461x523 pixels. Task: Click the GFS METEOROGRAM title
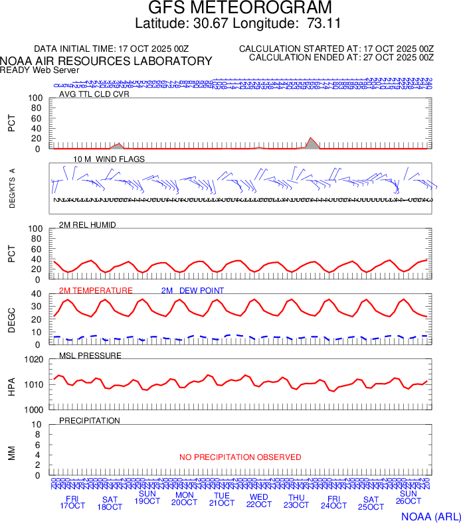[230, 9]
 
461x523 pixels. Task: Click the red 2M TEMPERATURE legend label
[96, 291]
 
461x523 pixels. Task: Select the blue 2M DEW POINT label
[193, 291]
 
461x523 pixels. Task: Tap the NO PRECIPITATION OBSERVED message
[240, 457]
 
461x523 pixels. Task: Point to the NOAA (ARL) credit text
[430, 516]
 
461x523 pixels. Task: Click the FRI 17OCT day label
[72, 502]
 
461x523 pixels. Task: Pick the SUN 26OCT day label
[408, 498]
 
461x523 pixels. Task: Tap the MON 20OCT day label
[184, 499]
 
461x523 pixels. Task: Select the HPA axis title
[11, 386]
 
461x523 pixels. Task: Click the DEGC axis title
[11, 319]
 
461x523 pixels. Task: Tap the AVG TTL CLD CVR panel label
[94, 94]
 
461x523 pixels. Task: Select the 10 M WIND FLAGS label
[108, 159]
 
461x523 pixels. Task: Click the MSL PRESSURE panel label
[90, 356]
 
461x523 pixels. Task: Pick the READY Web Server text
[39, 70]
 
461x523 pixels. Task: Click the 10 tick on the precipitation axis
[37, 425]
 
